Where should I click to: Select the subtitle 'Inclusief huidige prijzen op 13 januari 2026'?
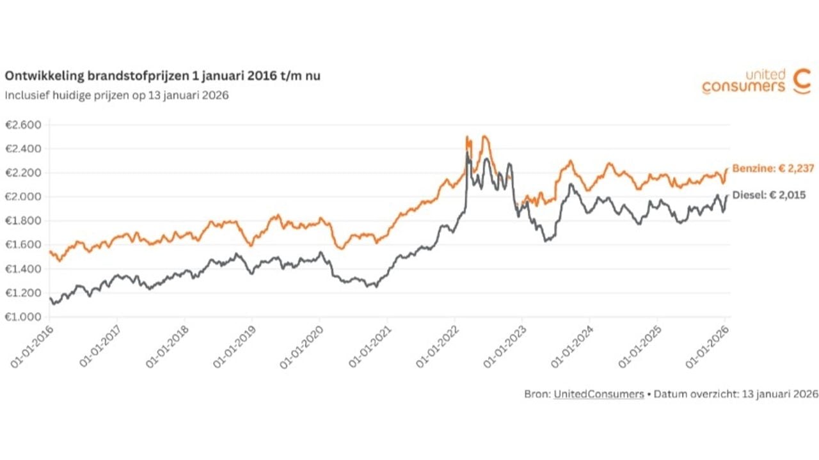coord(116,95)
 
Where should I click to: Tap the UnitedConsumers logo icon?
coord(801,81)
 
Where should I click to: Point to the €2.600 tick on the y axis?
coord(23,125)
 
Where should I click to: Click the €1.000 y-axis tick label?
coord(23,317)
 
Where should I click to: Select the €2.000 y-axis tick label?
coord(23,196)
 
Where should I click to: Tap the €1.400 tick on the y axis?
coord(23,269)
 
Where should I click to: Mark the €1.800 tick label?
coord(23,221)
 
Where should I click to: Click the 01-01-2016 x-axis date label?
coord(32,345)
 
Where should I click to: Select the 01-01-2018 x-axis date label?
coord(168,345)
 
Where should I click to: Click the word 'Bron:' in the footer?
coord(537,395)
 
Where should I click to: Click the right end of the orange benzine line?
coord(727,169)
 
